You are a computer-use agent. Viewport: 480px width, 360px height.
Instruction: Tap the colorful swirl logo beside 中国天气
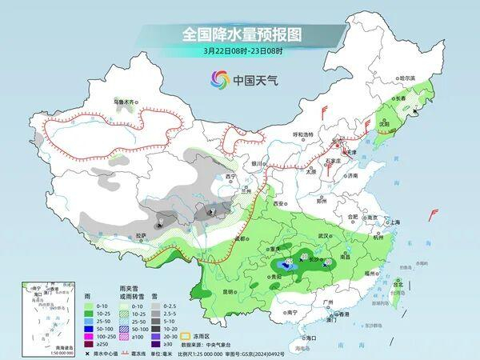tap(219, 78)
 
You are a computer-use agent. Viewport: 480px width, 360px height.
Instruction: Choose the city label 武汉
tap(323, 236)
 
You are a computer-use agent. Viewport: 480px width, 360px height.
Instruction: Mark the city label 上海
tap(392, 222)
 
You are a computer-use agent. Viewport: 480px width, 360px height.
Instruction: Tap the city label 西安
tap(279, 204)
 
